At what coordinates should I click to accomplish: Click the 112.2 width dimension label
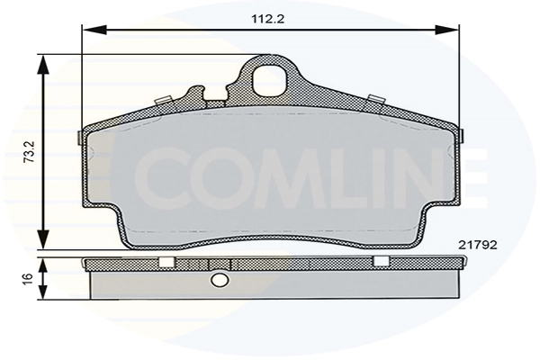[268, 19]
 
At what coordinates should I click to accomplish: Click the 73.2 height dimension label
[30, 152]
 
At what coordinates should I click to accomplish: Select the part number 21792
[477, 245]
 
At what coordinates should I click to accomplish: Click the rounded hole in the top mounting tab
[270, 79]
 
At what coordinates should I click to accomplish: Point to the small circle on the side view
[219, 281]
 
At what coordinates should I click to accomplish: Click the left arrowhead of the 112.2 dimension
[94, 30]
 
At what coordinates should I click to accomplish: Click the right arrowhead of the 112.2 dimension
[447, 30]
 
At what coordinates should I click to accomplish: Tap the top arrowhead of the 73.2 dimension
[43, 66]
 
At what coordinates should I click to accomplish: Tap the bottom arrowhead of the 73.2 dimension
[43, 238]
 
